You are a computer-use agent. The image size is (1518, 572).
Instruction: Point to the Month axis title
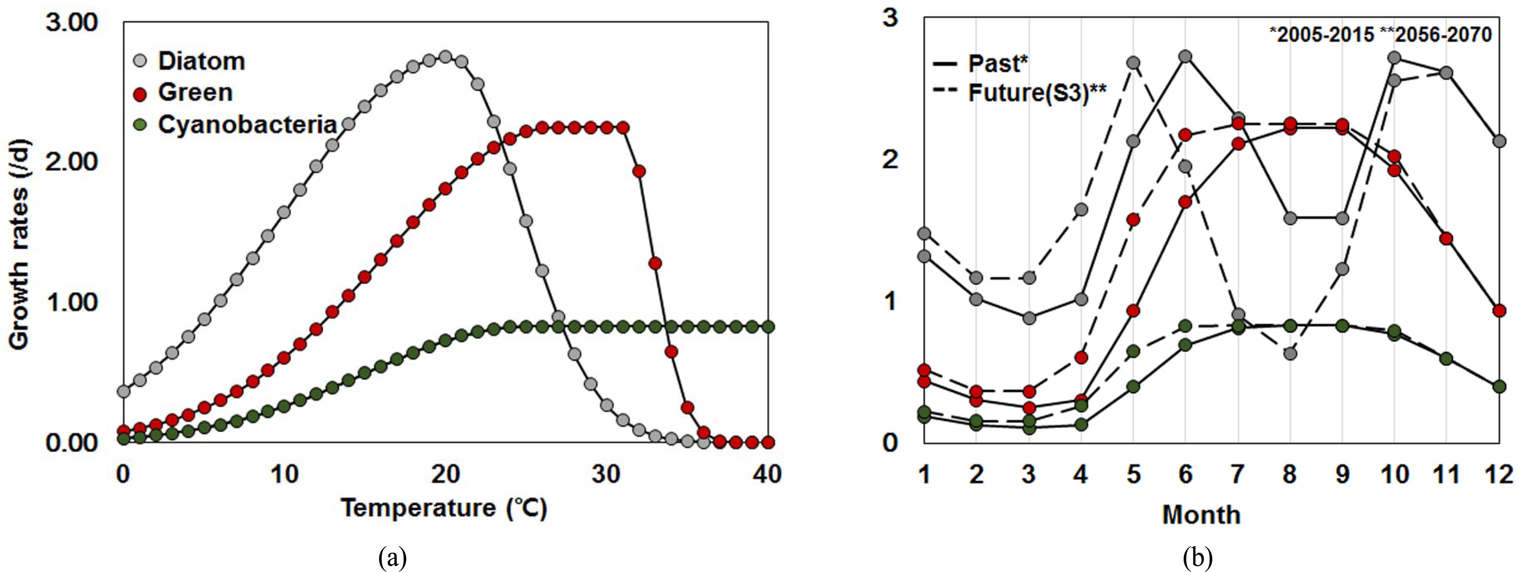coord(1201,514)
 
